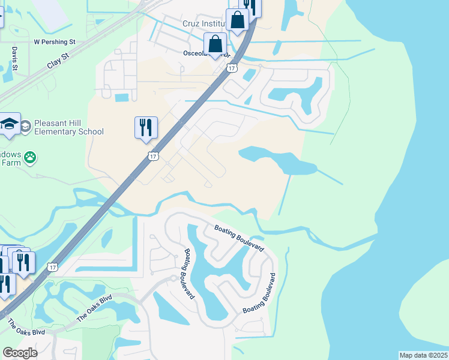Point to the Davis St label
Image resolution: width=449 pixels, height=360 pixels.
coord(14,59)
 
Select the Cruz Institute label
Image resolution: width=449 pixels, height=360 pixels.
coord(204,23)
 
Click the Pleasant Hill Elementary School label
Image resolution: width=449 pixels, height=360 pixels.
coord(69,127)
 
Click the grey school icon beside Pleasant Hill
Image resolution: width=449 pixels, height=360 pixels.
coord(26,126)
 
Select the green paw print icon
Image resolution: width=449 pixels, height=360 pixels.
coord(29,158)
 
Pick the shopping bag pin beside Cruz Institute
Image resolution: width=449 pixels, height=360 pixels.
coord(238,20)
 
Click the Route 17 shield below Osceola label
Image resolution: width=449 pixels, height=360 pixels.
coord(232,68)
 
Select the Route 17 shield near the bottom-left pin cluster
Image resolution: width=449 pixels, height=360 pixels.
coord(52,267)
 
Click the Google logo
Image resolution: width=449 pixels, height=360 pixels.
coord(20,353)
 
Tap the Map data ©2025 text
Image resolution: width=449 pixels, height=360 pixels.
coord(423,355)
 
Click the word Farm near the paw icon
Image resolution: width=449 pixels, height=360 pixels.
coord(9,163)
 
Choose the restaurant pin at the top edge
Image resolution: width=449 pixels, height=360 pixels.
coord(250,6)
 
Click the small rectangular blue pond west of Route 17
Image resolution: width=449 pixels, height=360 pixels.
coord(122,97)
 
